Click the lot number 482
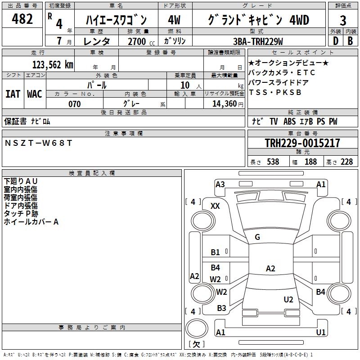23,19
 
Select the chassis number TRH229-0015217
302,144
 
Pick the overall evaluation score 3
343,20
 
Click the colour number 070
74,104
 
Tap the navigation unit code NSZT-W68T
38,143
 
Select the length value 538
273,162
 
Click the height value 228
346,162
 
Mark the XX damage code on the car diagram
216,206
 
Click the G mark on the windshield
257,237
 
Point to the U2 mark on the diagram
288,300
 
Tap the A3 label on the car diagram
220,184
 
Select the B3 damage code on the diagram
221,308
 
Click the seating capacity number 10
185,85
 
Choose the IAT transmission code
13,94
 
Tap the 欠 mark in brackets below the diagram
196,344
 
